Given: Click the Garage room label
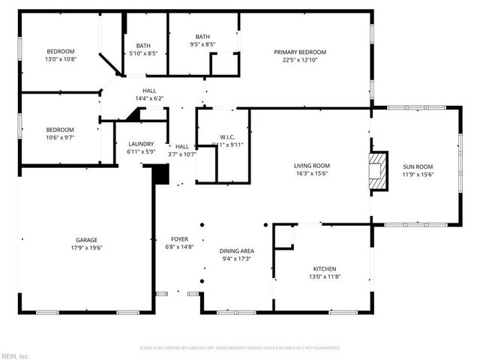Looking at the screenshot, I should point(86,239).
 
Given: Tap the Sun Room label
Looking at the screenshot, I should point(418,167).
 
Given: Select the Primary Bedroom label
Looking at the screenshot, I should point(299,52).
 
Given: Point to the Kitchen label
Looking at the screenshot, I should point(324,268).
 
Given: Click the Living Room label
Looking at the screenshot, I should point(310,166).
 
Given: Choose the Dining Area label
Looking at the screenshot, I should point(236,250).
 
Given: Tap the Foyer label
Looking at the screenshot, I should point(179,239).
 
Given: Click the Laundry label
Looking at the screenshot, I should point(141,144).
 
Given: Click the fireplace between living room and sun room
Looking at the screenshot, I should point(379,172).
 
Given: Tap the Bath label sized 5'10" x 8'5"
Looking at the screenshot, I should point(142,46).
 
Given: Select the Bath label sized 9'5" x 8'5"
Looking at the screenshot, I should point(202,37).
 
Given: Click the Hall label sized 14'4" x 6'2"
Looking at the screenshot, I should point(149,91).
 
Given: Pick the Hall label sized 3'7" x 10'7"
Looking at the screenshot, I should point(181,147).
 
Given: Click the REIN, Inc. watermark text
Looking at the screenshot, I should point(14,355).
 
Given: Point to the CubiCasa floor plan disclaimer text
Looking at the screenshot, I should point(240,348).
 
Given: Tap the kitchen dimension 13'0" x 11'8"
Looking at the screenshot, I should point(324,277).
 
